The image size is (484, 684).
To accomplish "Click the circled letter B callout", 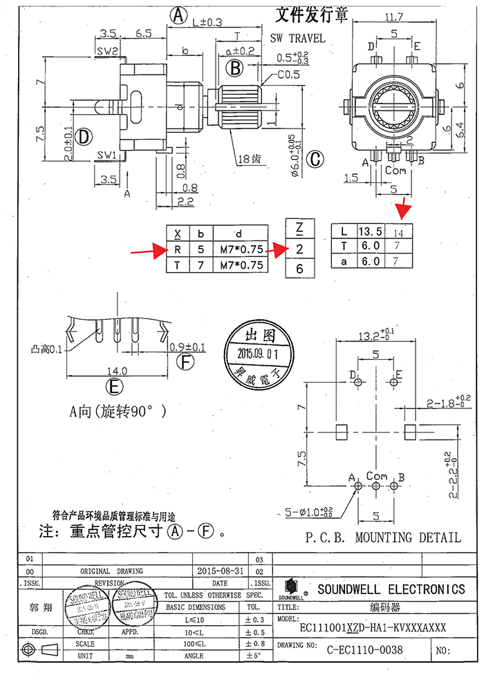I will tap(235, 68).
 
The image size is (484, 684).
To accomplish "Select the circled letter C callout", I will tap(315, 159).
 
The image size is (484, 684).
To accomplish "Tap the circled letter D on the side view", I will tap(84, 137).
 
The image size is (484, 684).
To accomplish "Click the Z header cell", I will tap(299, 228).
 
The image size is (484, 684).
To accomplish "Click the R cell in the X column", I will tap(178, 249).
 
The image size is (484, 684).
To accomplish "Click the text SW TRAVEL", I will tap(297, 39).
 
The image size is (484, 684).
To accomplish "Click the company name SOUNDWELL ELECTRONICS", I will tap(391, 589).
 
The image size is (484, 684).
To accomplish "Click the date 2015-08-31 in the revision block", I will tap(218, 571).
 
